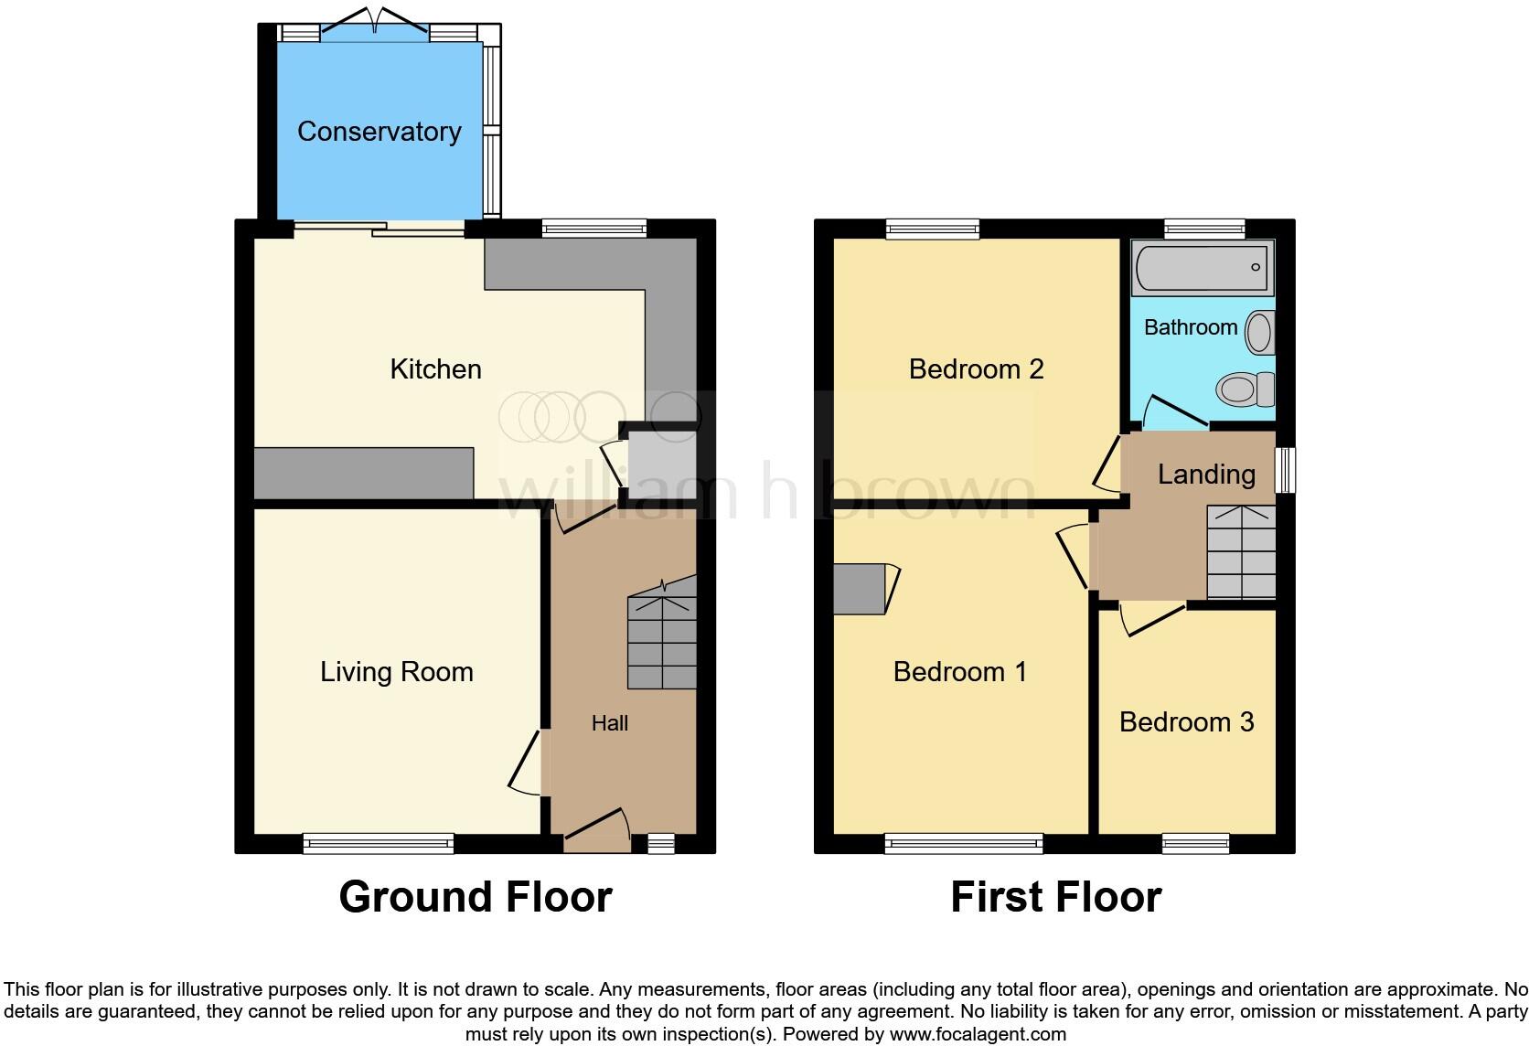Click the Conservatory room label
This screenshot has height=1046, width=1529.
coord(379,132)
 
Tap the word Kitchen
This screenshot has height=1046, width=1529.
coord(435,369)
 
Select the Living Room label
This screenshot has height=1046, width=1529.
coord(396,672)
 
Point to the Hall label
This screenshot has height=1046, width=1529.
coord(609,723)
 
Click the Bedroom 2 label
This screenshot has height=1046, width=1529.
coord(976,369)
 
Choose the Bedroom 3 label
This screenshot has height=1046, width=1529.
coord(1186,722)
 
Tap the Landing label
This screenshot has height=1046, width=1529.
coord(1205,474)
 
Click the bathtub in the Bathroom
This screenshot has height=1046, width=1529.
coord(1201,268)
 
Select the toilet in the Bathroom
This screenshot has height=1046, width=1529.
coord(1246,390)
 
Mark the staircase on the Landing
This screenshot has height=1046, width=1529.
coord(1241,552)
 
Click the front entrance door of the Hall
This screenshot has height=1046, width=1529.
coord(597,831)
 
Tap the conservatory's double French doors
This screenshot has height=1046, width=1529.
coord(374,27)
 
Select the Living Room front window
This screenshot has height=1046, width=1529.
coord(379,843)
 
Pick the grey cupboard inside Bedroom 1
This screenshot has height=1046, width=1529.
coord(860,589)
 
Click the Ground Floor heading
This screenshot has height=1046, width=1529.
coord(475,897)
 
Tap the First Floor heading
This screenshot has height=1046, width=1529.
coord(1055,897)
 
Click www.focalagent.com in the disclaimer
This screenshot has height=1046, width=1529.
coord(977,1035)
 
